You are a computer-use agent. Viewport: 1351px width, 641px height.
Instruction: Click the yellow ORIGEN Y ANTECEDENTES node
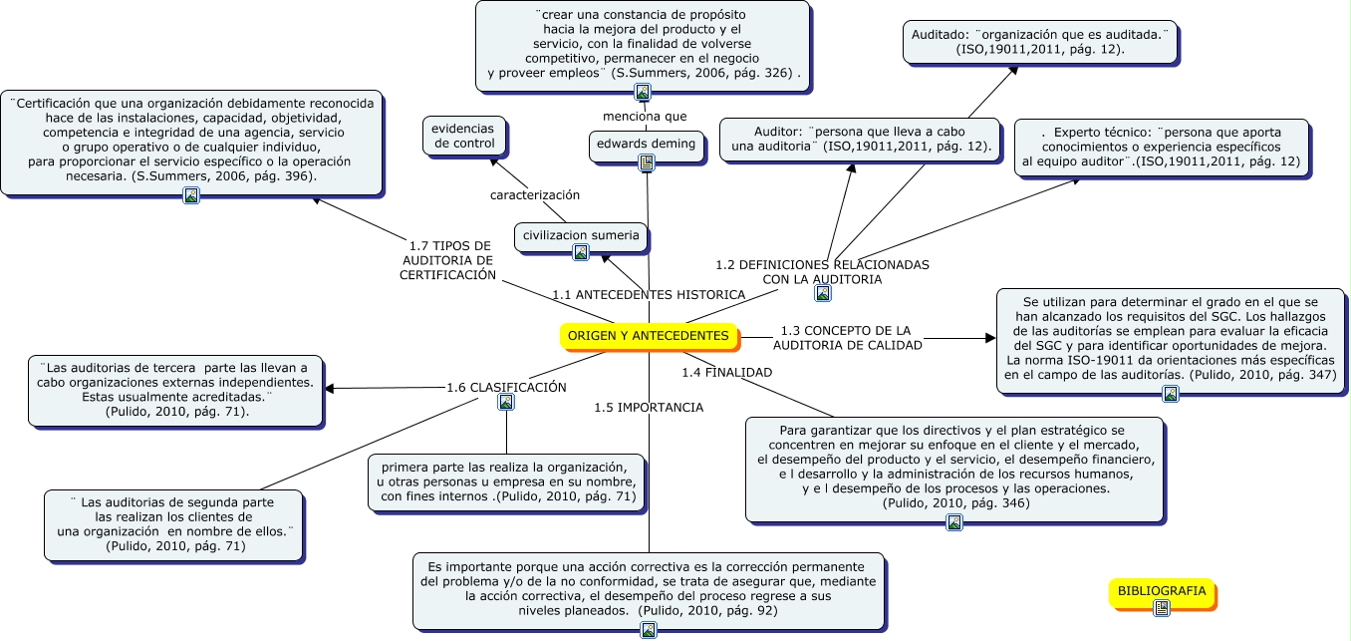[x=649, y=336]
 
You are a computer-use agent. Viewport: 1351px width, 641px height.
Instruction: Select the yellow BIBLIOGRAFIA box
[x=1161, y=591]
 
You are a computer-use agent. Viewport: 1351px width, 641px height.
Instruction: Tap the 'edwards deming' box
[x=646, y=144]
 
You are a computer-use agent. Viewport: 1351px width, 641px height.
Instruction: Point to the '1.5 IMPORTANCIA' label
[x=649, y=407]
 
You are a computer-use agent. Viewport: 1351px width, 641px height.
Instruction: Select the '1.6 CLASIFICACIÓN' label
[x=506, y=387]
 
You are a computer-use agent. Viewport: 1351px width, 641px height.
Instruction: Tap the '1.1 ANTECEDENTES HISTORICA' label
[x=649, y=294]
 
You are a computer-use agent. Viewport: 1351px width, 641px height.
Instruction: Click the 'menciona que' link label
[x=645, y=117]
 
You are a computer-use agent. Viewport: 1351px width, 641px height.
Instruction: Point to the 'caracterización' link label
[x=535, y=194]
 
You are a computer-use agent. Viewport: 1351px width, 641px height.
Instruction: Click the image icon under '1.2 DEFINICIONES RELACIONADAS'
[x=823, y=293]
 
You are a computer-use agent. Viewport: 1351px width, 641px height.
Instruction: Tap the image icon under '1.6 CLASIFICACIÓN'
[x=506, y=403]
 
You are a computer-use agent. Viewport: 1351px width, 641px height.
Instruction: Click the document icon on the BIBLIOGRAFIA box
[x=1161, y=607]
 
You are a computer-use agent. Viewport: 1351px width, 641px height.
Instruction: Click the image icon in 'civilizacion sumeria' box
[x=581, y=252]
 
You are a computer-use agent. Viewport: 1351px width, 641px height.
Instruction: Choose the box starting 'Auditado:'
[x=1040, y=41]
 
